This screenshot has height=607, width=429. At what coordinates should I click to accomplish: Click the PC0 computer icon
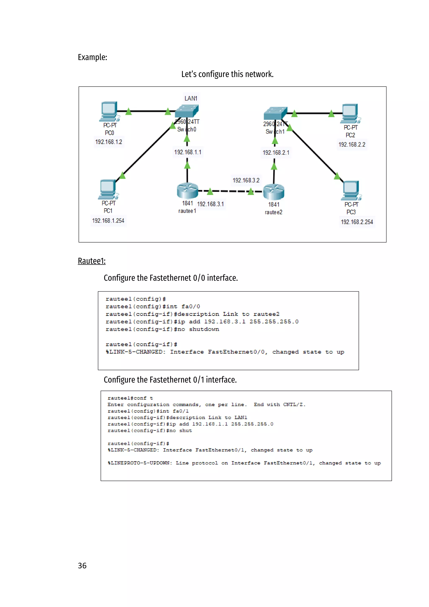point(109,111)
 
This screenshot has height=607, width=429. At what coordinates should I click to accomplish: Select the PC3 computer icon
point(351,190)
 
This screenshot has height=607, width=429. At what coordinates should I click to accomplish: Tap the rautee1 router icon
point(187,191)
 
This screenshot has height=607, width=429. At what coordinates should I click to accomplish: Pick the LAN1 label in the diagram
point(191,98)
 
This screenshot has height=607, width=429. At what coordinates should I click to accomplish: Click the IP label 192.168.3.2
point(246,180)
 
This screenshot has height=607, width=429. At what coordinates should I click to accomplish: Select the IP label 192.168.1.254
point(108,221)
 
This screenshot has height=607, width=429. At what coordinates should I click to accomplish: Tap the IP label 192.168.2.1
point(276,153)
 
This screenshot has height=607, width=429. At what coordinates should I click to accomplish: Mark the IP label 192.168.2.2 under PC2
point(352,145)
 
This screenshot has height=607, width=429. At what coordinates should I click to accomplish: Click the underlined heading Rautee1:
point(92,261)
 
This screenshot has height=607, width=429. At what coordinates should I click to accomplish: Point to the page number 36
point(82,565)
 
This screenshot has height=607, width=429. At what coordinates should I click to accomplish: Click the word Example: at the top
point(92,57)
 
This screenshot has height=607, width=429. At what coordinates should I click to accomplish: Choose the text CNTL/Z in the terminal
point(294,405)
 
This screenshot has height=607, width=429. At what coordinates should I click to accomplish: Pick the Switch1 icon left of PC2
point(275,113)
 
